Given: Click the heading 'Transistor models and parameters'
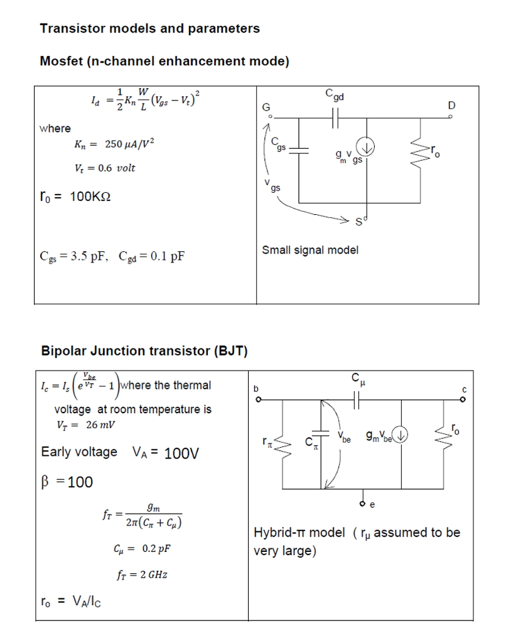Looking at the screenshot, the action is point(149,29).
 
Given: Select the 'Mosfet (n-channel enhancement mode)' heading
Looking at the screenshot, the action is point(164,62).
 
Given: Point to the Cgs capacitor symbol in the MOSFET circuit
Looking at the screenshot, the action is point(299,151).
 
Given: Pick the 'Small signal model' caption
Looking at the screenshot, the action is point(310,250).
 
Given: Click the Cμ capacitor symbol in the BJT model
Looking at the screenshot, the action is point(357,399).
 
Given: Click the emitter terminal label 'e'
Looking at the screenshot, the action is point(372,504).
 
